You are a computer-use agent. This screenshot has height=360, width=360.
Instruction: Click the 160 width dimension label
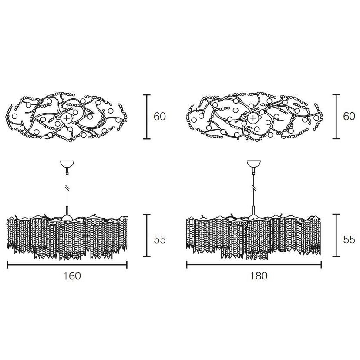[72, 276]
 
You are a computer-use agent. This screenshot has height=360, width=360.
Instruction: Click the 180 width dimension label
[259, 276]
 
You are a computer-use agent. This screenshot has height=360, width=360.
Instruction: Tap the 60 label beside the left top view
[160, 117]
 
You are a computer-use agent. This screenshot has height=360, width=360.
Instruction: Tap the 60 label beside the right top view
[349, 117]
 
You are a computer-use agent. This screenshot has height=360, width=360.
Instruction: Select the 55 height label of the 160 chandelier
[160, 240]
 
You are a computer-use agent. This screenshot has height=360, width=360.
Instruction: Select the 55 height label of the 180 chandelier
[349, 240]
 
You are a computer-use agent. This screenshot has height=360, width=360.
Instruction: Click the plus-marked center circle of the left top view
[67, 118]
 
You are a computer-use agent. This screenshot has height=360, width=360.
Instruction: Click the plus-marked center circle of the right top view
[253, 118]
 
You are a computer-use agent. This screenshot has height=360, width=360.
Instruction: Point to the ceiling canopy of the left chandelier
[67, 164]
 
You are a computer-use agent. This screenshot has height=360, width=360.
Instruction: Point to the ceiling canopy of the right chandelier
[254, 164]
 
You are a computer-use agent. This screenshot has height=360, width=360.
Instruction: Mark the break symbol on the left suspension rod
[67, 188]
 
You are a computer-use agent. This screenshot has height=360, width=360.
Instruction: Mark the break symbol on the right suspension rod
[254, 188]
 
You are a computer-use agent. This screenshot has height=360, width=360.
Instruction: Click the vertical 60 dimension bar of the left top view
[147, 117]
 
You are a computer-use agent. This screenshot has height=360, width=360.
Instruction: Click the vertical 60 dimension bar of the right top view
[336, 117]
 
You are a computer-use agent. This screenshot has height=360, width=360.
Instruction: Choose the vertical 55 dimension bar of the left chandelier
[147, 236]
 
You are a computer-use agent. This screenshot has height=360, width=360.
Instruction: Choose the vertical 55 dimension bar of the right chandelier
[336, 236]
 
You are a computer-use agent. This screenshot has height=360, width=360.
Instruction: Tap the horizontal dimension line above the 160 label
[67, 265]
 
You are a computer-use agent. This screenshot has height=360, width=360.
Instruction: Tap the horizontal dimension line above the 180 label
[254, 265]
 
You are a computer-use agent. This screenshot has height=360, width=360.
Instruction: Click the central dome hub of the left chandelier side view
[67, 218]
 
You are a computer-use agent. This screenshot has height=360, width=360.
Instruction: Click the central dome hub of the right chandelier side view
[254, 217]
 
